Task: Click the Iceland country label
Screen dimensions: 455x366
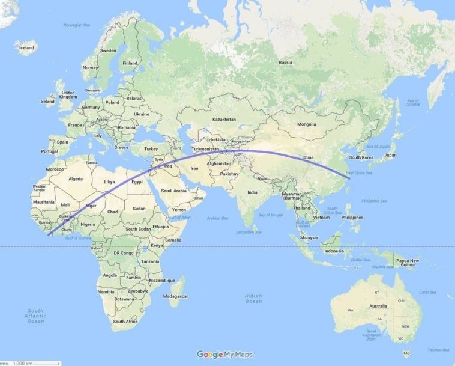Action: coord(26,47)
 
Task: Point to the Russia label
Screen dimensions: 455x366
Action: coord(285,62)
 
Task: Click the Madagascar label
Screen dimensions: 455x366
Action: coord(179,296)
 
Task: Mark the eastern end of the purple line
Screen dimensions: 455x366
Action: coord(349,177)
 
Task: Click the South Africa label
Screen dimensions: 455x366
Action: coord(125,322)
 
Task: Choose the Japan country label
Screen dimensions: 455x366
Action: coord(390,155)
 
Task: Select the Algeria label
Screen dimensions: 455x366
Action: coord(76,179)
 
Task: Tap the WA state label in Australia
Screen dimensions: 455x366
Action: coord(349,310)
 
